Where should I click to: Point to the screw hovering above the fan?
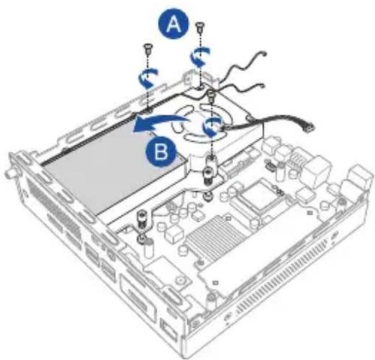pos(213,97)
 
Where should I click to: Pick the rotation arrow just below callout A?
pos(199,56)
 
